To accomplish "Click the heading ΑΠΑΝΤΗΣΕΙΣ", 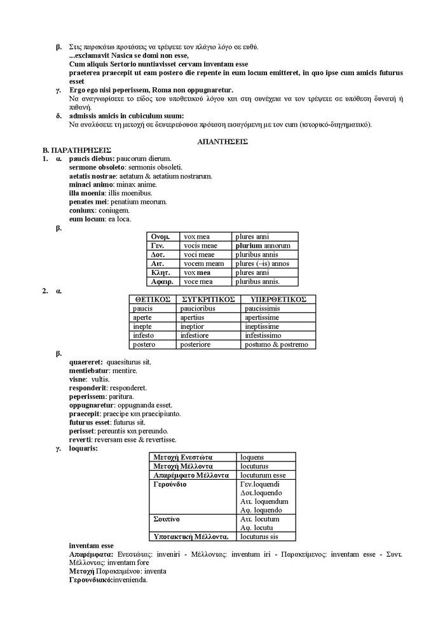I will [x=222, y=141].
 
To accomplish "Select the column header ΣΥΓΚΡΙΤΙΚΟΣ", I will [x=209, y=299].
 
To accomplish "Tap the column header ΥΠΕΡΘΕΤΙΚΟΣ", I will [x=278, y=299].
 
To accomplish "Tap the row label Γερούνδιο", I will [x=170, y=484].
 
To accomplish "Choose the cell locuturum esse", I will [x=263, y=475].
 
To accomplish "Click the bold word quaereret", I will [x=85, y=362].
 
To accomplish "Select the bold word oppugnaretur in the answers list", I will [x=92, y=405].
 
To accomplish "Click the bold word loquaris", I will [x=83, y=448].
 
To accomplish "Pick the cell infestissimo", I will [x=263, y=335].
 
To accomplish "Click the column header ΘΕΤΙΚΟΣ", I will [x=151, y=299].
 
